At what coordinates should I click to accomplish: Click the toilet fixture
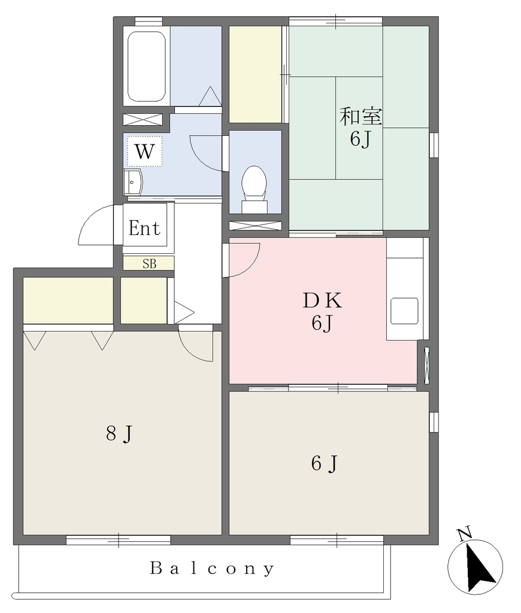(x=255, y=189)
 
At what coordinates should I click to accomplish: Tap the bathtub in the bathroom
(x=146, y=66)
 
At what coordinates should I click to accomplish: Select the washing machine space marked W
(x=144, y=151)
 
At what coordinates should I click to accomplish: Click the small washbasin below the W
(x=133, y=182)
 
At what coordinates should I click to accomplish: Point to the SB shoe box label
(x=150, y=264)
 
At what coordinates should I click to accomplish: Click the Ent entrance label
(x=144, y=228)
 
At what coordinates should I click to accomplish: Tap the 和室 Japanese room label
(x=361, y=116)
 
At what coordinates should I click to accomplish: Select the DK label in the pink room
(x=322, y=301)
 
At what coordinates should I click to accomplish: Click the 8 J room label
(x=120, y=433)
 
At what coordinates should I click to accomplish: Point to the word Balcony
(x=213, y=569)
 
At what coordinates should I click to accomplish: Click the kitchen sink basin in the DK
(x=404, y=311)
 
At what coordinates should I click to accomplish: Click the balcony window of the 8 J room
(x=118, y=540)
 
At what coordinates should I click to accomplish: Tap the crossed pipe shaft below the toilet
(x=255, y=226)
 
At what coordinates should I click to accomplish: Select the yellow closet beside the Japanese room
(x=255, y=74)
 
